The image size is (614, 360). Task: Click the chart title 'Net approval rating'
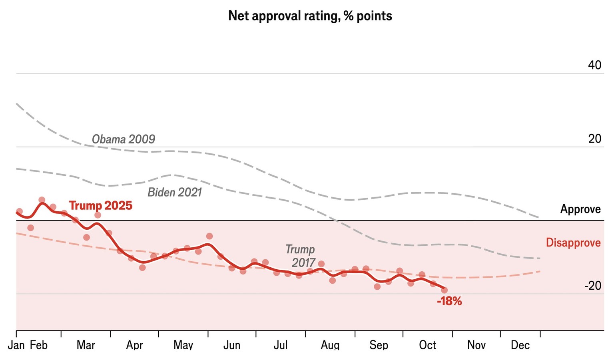[310, 16]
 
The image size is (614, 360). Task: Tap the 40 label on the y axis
[594, 65]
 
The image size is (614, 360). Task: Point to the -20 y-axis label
[592, 286]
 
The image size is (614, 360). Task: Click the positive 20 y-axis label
[594, 139]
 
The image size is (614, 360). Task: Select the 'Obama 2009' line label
[123, 139]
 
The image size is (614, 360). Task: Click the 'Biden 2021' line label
[175, 192]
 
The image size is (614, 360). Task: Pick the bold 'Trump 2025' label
[101, 205]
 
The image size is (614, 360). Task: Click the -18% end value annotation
[449, 301]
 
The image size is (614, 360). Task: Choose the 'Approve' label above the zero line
[580, 209]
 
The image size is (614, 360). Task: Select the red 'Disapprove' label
[573, 243]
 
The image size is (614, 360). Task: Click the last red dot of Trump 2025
[444, 290]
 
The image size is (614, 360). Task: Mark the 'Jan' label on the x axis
[16, 345]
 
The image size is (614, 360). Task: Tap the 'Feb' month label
[39, 345]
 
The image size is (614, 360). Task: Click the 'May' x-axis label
[183, 345]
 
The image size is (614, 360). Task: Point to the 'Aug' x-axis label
[330, 345]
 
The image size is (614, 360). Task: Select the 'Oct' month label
[427, 345]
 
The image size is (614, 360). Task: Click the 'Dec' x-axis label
[520, 345]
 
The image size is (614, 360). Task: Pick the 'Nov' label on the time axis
[476, 345]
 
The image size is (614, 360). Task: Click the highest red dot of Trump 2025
[42, 200]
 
